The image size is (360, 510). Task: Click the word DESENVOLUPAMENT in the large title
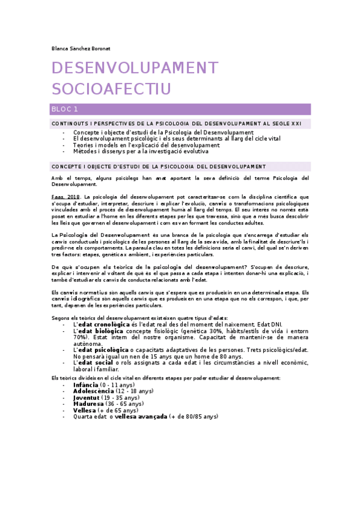pos(135,68)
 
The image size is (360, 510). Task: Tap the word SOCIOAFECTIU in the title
pos(111,89)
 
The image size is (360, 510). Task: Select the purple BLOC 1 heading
pos(66,109)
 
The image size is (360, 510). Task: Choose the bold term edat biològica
pos(100,331)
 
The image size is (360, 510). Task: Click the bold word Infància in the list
pos(86,384)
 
